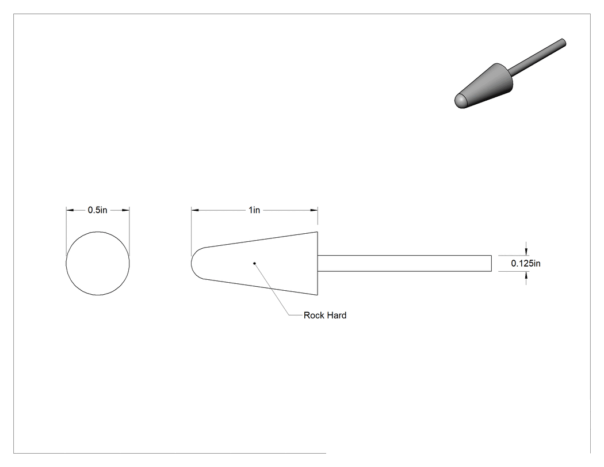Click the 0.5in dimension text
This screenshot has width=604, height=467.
[x=97, y=210]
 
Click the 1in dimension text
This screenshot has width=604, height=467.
[x=254, y=210]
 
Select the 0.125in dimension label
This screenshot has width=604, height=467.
[x=525, y=263]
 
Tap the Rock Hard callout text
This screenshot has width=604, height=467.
[x=325, y=316]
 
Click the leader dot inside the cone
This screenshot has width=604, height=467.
[x=254, y=263]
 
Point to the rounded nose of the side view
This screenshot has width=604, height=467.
[x=192, y=263]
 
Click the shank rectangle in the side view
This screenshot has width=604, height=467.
[x=404, y=255]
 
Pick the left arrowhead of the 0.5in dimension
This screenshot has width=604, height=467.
[x=70, y=210]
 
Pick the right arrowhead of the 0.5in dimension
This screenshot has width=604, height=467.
[x=126, y=210]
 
